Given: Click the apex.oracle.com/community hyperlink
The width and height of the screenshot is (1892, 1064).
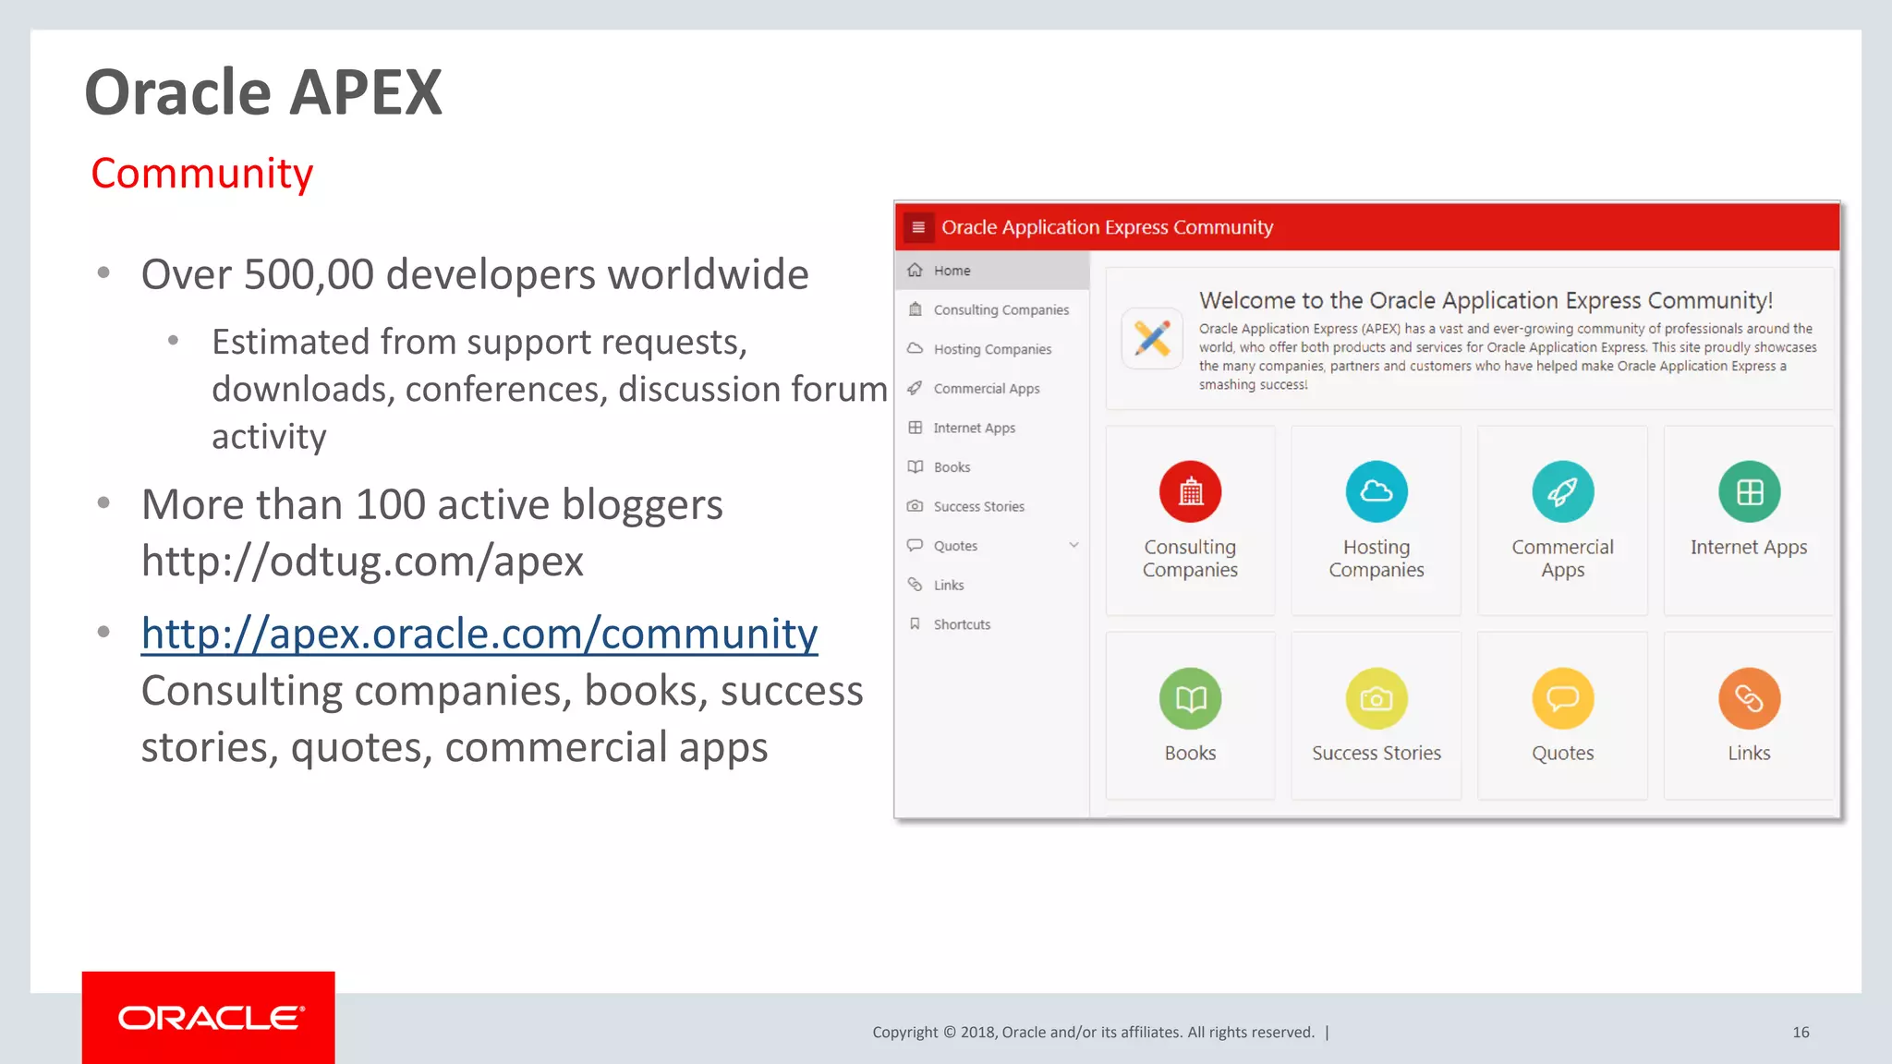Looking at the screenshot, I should [x=479, y=634].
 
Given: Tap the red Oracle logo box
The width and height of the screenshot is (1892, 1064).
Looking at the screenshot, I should [x=208, y=1017].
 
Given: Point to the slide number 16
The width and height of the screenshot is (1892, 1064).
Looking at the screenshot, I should [x=1801, y=1033].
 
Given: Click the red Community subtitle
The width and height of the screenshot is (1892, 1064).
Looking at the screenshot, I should [x=202, y=174].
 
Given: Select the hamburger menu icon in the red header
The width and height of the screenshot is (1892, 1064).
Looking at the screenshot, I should [x=918, y=227].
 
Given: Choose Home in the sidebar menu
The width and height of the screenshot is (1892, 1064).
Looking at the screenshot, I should [x=952, y=271].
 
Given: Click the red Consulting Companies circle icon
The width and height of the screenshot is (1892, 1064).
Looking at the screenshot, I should [x=1190, y=491].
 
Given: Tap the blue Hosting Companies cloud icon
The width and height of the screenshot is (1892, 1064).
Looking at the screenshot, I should [x=1377, y=491].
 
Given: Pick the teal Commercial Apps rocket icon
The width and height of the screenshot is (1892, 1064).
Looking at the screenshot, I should [x=1562, y=491].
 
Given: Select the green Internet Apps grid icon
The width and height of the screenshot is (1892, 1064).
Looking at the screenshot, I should [x=1749, y=491].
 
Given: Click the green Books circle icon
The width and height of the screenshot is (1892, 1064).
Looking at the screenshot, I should [x=1190, y=698].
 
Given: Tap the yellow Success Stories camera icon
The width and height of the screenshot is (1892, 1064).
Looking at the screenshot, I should [x=1377, y=698].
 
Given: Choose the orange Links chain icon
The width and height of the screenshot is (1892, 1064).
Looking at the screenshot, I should [x=1749, y=698].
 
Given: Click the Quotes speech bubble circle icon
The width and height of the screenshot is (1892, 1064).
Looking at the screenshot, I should [x=1562, y=698].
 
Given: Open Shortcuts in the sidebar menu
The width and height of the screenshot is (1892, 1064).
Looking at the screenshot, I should [x=962, y=624].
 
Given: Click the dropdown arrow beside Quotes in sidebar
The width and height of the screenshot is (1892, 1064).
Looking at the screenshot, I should [x=1073, y=545].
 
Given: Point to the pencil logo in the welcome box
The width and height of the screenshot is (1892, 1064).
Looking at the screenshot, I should [x=1152, y=338].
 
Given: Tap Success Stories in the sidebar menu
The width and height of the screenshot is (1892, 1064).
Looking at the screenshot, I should [x=978, y=506].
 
